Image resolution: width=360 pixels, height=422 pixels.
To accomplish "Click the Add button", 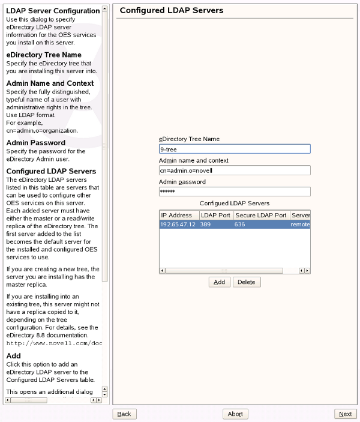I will (220, 282).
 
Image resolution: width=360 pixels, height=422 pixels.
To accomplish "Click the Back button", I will (124, 414).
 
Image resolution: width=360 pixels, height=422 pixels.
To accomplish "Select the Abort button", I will (235, 414).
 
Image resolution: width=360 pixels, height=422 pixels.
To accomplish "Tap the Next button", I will (346, 414).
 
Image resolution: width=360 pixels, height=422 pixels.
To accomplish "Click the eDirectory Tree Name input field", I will (235, 149).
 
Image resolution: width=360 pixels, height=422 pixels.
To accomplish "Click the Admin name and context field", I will (235, 170).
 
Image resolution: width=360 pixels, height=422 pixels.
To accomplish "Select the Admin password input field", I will (235, 191).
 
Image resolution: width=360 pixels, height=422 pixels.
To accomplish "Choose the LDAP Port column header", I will (215, 215).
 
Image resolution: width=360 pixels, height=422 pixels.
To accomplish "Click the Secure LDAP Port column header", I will (260, 215).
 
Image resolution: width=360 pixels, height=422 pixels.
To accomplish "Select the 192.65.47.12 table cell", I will (178, 225).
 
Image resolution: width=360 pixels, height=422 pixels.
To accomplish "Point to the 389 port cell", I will (206, 225).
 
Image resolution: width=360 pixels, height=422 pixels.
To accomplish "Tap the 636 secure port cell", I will (240, 225).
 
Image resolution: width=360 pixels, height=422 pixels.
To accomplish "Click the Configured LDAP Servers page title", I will (172, 11).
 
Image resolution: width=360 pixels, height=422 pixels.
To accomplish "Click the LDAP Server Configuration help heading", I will (53, 11).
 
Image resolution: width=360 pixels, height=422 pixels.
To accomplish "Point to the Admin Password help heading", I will (36, 143).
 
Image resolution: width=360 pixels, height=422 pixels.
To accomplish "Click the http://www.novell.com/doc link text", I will (54, 343).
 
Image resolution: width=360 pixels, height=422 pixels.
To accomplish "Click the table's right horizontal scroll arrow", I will (307, 271).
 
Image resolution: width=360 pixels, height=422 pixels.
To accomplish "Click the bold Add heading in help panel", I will (13, 356).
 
